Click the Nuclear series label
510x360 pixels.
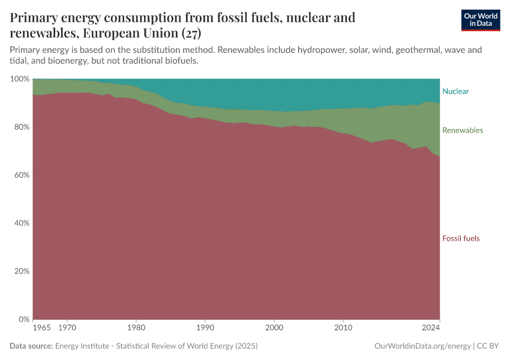(x=455, y=92)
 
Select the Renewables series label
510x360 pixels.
(x=462, y=130)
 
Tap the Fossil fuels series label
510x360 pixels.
(x=461, y=238)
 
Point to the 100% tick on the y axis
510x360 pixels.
(x=20, y=79)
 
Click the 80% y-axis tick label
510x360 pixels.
(x=22, y=127)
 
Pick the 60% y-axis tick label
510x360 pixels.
(x=22, y=175)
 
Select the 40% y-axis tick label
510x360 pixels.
(x=22, y=223)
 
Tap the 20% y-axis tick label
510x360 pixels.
(x=22, y=271)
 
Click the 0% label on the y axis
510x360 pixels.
(x=24, y=319)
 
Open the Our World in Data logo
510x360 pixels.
(x=480, y=20)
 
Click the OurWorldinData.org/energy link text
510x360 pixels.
(x=422, y=346)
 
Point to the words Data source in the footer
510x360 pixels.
(x=31, y=346)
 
